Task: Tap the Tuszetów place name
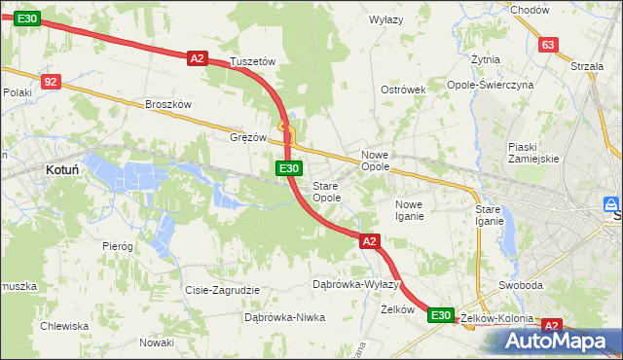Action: coord(253,61)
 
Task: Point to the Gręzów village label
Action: coord(248,137)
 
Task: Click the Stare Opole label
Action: coord(326,192)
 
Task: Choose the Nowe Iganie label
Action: coord(409,210)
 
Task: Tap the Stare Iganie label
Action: coord(488,215)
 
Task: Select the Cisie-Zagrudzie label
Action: coord(222,290)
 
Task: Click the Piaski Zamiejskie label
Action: coord(532,153)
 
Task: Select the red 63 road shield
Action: coord(548,45)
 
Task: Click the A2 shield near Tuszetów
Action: coord(198,58)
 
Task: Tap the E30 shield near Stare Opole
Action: coord(287,169)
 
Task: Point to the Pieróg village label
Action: coord(118,246)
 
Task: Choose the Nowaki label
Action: coord(156,342)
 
